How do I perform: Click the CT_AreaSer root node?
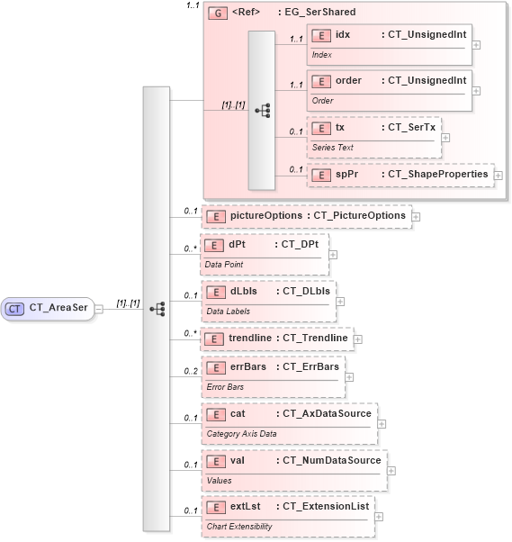[49, 308]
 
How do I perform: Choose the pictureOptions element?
[306, 216]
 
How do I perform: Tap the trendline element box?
[276, 338]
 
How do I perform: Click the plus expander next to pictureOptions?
[416, 217]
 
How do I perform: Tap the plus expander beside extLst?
[379, 517]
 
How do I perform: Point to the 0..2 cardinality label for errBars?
[191, 371]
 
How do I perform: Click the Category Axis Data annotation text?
[241, 433]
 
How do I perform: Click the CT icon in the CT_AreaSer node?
[15, 308]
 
